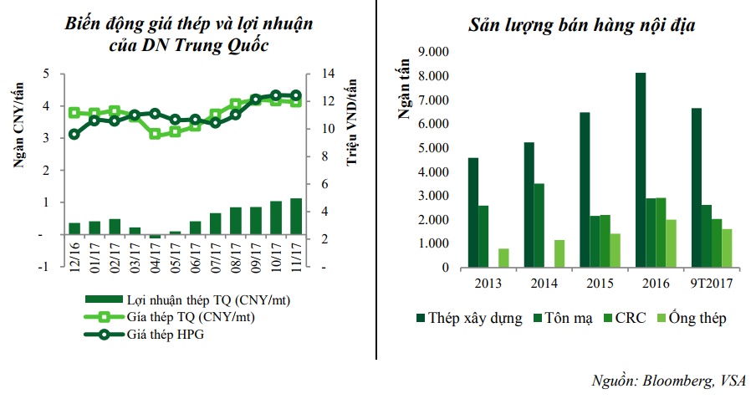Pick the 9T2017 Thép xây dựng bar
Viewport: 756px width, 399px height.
click(x=696, y=187)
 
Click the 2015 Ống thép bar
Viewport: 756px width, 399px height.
click(x=615, y=250)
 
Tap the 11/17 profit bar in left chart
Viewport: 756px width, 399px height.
click(x=295, y=217)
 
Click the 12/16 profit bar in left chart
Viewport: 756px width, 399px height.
click(x=74, y=228)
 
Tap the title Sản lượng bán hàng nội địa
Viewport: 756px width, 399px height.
click(x=581, y=26)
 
